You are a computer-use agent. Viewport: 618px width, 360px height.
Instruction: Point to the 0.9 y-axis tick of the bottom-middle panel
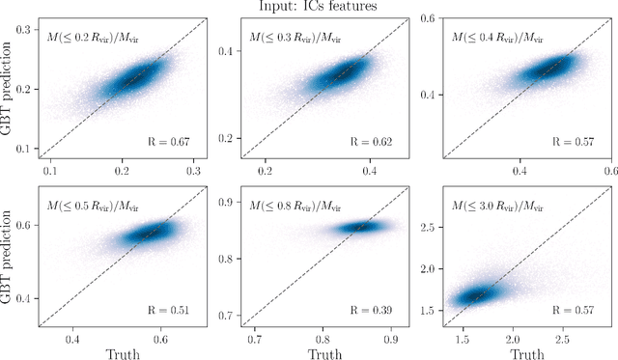coord(224,202)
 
